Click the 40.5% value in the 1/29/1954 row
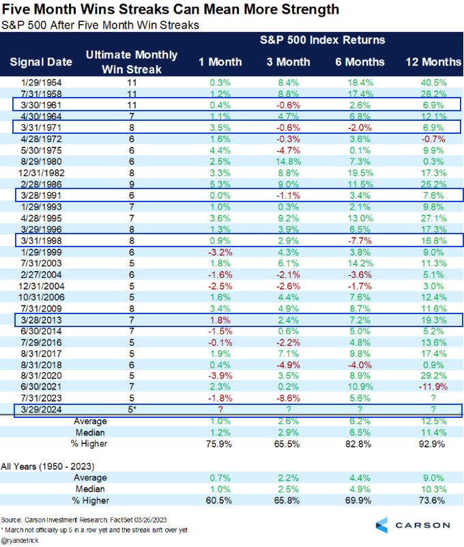431,82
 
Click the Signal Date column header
41,61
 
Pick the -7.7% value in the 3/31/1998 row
359,239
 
